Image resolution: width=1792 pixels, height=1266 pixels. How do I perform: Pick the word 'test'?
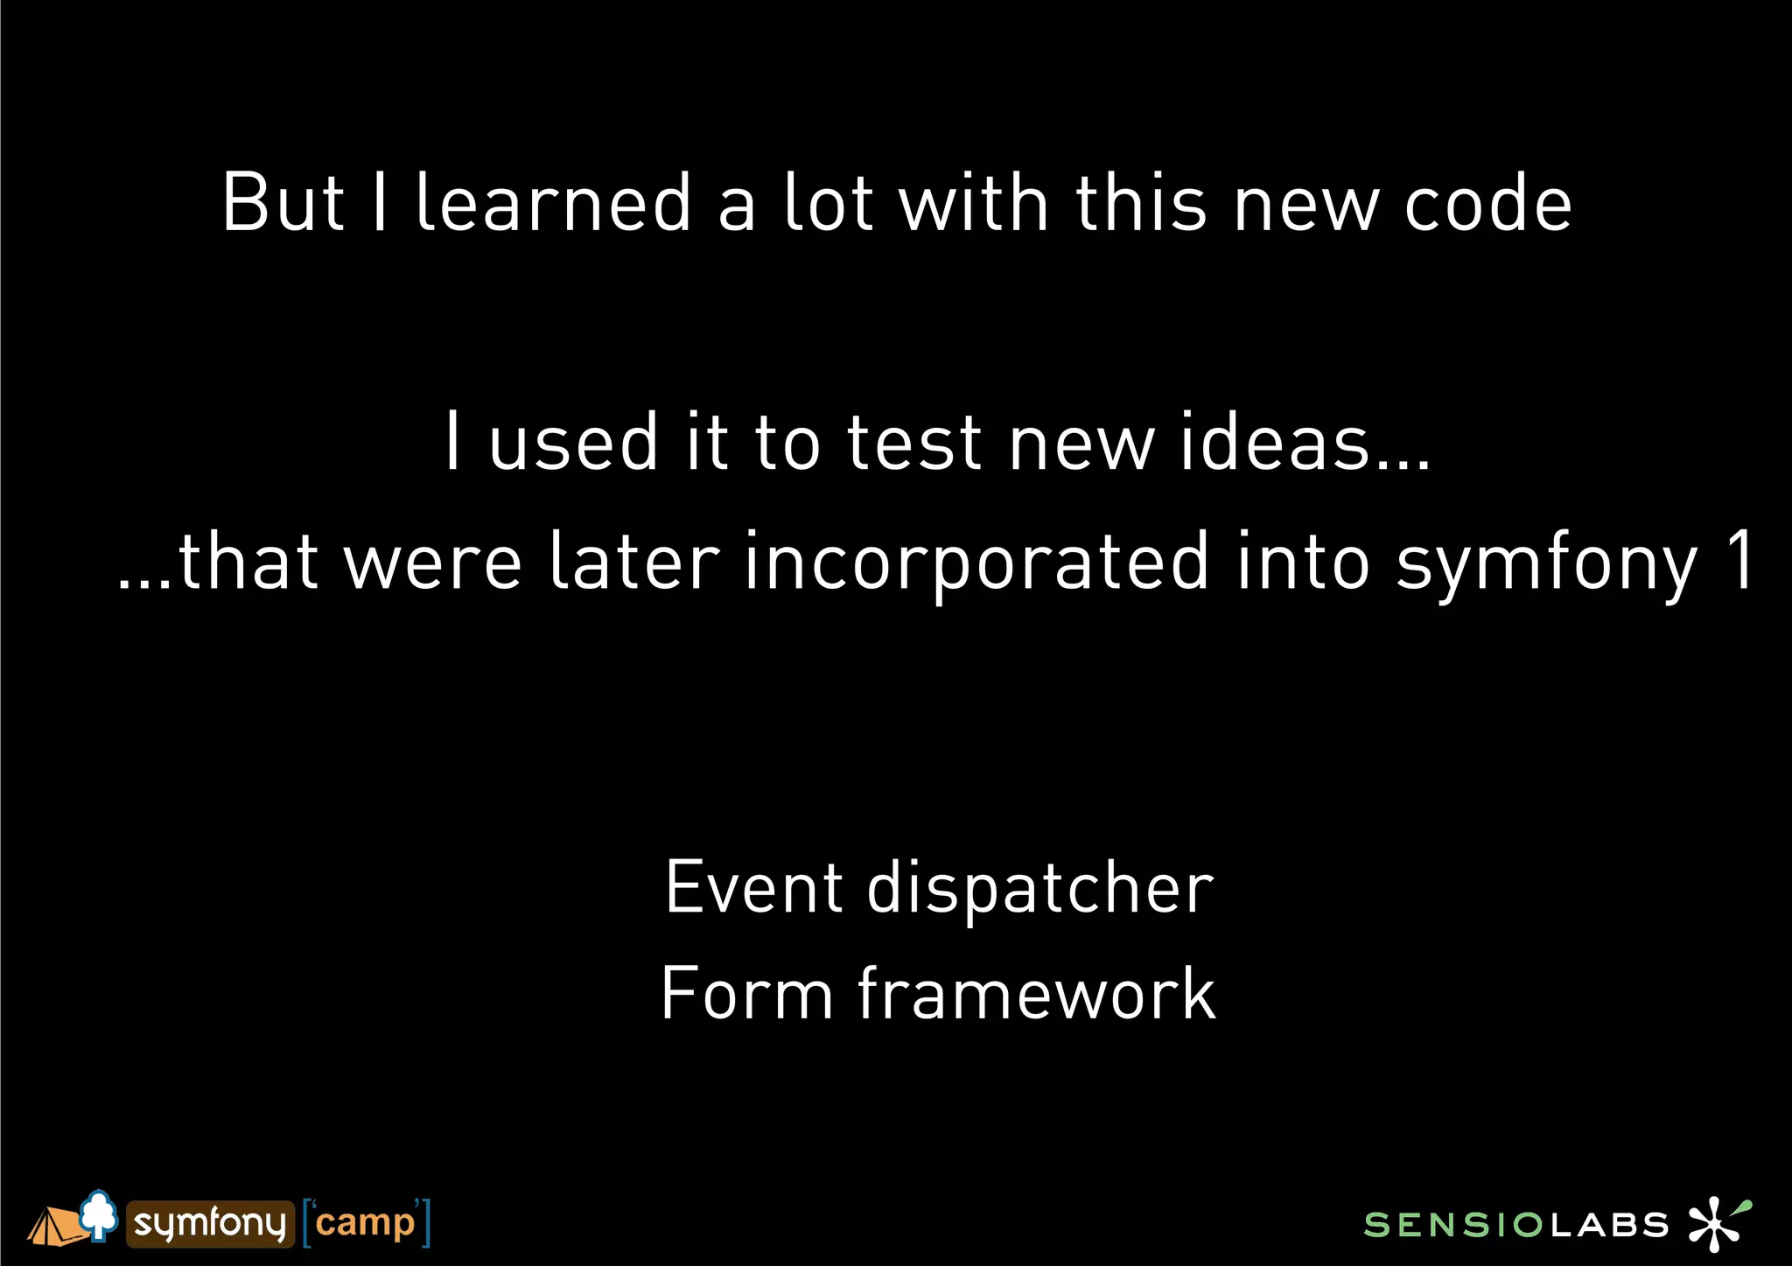pyautogui.click(x=914, y=442)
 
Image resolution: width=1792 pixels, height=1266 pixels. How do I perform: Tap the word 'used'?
pyautogui.click(x=573, y=442)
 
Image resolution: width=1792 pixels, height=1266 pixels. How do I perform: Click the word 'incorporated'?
pyautogui.click(x=978, y=562)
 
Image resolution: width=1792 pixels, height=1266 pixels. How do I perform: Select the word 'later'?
pyautogui.click(x=634, y=562)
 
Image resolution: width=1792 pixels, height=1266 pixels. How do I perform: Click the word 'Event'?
pyautogui.click(x=754, y=887)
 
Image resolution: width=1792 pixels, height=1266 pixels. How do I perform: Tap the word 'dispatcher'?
pyautogui.click(x=1040, y=889)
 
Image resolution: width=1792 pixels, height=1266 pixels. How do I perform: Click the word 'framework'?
pyautogui.click(x=1037, y=994)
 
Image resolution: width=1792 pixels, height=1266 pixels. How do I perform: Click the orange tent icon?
pyautogui.click(x=54, y=1227)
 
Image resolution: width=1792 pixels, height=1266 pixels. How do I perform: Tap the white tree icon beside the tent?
pyautogui.click(x=99, y=1214)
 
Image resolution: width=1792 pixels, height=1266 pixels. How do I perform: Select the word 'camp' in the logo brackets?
pyautogui.click(x=365, y=1223)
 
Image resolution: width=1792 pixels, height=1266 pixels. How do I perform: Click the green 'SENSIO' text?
pyautogui.click(x=1453, y=1225)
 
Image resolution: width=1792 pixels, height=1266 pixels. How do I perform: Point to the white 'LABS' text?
pyautogui.click(x=1610, y=1225)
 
